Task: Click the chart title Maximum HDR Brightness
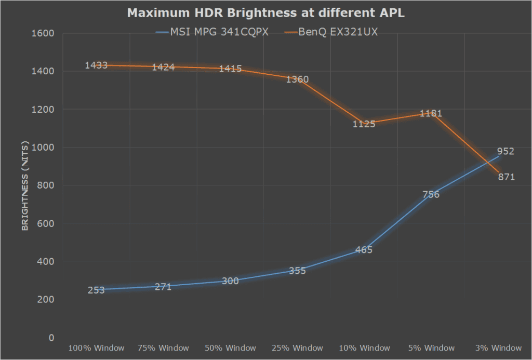pyautogui.click(x=265, y=13)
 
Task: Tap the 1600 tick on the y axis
pyautogui.click(x=45, y=33)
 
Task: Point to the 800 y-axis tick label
pyautogui.click(x=47, y=185)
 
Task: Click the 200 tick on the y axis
pyautogui.click(x=47, y=300)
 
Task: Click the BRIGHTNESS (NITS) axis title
pyautogui.click(x=24, y=185)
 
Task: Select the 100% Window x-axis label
pyautogui.click(x=96, y=348)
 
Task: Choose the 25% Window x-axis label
pyautogui.click(x=297, y=348)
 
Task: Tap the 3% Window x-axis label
pyautogui.click(x=498, y=348)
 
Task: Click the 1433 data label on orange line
pyautogui.click(x=96, y=65)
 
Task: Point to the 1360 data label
pyautogui.click(x=297, y=79)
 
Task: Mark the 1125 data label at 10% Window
pyautogui.click(x=364, y=124)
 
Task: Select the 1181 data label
pyautogui.click(x=431, y=113)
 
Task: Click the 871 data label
pyautogui.click(x=504, y=177)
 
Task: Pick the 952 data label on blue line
pyautogui.click(x=504, y=152)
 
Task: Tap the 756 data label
pyautogui.click(x=431, y=195)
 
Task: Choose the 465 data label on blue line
pyautogui.click(x=364, y=250)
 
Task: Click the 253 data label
pyautogui.click(x=96, y=290)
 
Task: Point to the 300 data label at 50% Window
pyautogui.click(x=230, y=281)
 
